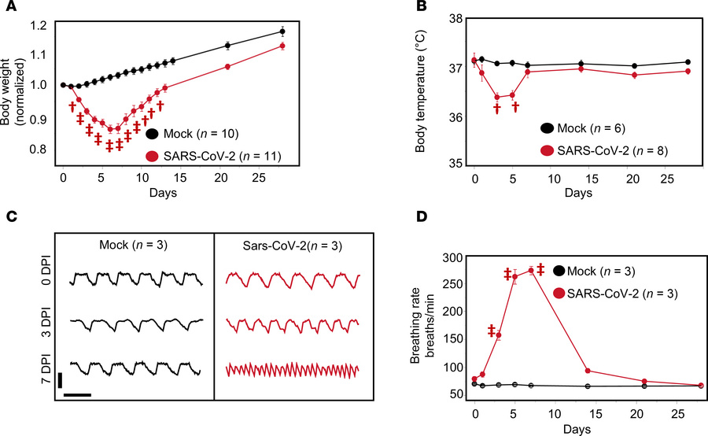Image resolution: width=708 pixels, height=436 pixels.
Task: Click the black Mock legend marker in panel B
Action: pyautogui.click(x=547, y=127)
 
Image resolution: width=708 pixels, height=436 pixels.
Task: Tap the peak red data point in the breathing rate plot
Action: pyautogui.click(x=531, y=271)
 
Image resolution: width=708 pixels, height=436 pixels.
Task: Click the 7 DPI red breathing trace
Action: pyautogui.click(x=293, y=369)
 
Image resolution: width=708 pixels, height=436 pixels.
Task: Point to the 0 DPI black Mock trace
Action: pyautogui.click(x=136, y=279)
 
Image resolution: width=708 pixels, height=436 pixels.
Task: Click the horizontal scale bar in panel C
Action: pyautogui.click(x=77, y=394)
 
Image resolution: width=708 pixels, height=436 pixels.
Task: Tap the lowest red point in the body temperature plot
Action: pyautogui.click(x=496, y=97)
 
